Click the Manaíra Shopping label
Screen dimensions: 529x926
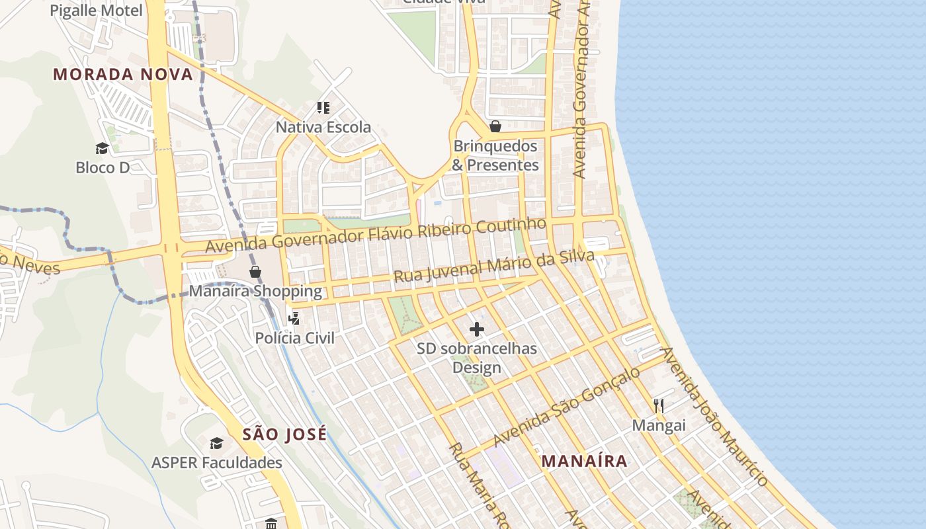(x=255, y=291)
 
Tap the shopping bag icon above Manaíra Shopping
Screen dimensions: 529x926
(x=255, y=272)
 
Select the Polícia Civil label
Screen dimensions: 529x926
(x=295, y=338)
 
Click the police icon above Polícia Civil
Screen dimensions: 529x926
(x=294, y=319)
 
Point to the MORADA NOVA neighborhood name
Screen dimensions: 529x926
(x=123, y=74)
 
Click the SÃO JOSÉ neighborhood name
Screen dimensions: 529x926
(x=284, y=434)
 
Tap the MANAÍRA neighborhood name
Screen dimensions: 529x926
(x=584, y=461)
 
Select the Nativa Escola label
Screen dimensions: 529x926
(x=323, y=127)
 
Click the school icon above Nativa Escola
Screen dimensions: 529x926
(x=323, y=107)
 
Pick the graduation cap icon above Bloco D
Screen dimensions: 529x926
(x=102, y=148)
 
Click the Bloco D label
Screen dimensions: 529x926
(x=103, y=167)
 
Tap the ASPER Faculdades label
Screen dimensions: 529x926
(x=217, y=463)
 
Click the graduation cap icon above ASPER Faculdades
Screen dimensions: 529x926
(x=216, y=443)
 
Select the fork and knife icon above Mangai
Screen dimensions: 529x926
(x=658, y=405)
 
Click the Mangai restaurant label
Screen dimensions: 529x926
(x=659, y=425)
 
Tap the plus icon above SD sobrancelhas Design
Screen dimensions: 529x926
(x=476, y=329)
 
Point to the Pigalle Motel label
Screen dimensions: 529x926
(x=96, y=11)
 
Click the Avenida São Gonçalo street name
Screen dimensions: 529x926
(x=567, y=406)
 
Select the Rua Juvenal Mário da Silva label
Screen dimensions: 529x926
(x=493, y=266)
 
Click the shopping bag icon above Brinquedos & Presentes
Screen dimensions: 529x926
(x=495, y=126)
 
